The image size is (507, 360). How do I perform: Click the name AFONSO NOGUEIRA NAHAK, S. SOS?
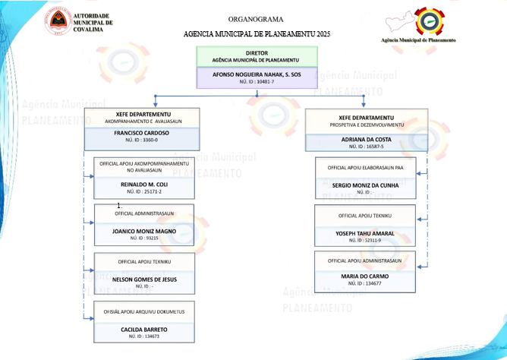pos(256,74)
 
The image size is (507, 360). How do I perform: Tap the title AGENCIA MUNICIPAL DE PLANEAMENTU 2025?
pos(257,35)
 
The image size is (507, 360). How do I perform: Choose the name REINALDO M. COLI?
pos(143,185)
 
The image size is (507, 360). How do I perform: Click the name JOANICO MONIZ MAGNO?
pos(143,231)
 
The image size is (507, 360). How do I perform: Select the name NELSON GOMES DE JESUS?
pos(143,279)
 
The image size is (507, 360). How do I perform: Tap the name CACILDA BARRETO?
pos(143,329)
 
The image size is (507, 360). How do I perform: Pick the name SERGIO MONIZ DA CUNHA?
pos(366,185)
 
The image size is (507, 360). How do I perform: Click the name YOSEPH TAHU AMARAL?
pos(366,233)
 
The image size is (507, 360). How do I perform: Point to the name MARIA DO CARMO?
pos(366,275)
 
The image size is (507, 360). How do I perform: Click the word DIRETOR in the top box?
pos(257,53)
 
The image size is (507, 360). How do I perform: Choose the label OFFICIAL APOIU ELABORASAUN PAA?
pos(366,167)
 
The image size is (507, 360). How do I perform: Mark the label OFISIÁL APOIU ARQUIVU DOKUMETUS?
pos(143,311)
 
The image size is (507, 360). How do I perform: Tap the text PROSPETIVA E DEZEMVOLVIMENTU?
pos(367,124)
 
